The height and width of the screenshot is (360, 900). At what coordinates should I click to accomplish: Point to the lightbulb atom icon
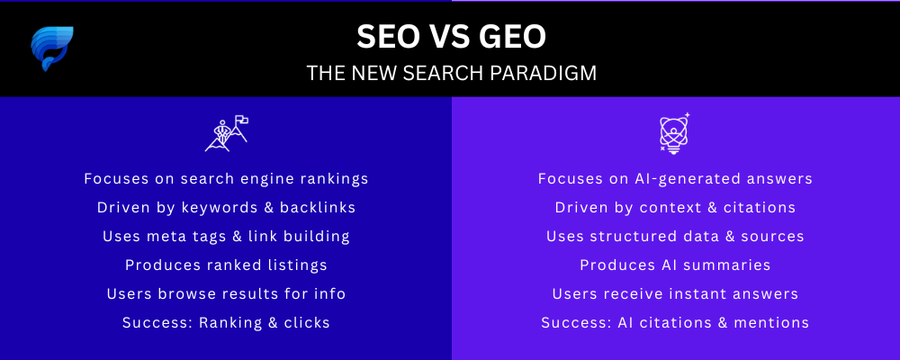pos(674,132)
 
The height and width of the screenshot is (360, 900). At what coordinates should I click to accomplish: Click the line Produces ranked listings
pos(226,265)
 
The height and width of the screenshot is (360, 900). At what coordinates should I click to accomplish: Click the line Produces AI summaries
pos(675,265)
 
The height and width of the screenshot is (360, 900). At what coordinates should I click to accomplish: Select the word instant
pos(707,294)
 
